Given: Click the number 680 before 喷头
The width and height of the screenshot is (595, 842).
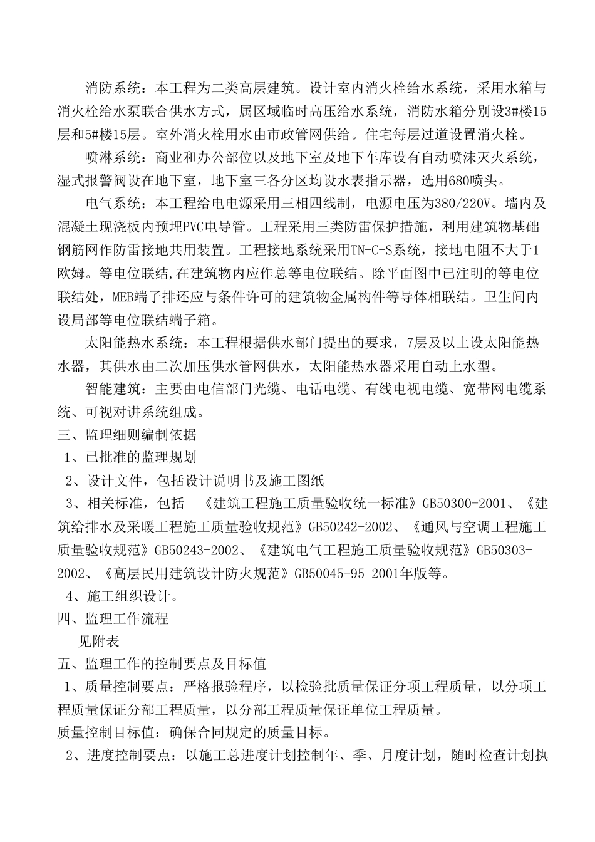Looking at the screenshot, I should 452,181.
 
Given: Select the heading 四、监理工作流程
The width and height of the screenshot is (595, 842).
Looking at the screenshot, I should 113,618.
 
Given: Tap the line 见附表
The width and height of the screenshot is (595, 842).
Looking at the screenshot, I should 98,641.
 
